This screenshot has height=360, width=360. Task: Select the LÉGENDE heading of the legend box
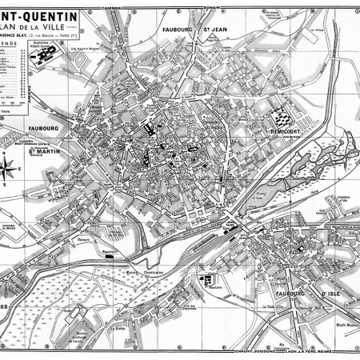10,44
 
